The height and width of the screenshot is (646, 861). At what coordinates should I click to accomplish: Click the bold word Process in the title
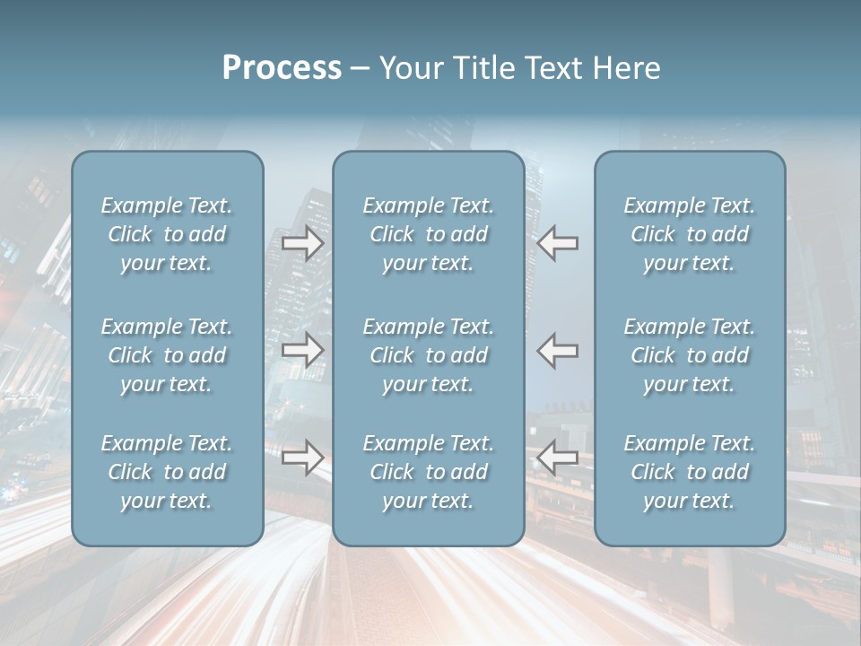coord(282,68)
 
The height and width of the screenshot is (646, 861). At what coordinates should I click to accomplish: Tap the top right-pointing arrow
coord(302,243)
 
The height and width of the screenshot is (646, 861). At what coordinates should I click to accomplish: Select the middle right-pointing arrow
coord(302,350)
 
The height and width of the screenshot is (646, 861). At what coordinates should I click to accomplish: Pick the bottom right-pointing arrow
coord(302,458)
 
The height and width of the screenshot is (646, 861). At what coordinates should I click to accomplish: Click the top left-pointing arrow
coord(557,243)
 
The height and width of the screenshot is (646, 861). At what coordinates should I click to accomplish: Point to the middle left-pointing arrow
coord(557,350)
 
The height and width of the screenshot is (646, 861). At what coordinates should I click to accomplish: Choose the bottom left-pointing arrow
coord(557,458)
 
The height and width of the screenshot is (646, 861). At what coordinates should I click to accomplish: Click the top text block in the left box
coord(167,234)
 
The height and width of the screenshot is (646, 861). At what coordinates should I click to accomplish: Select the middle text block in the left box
coord(167,355)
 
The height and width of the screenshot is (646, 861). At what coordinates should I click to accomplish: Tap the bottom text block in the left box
coord(167,472)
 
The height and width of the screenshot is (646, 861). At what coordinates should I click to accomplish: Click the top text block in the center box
coord(429,234)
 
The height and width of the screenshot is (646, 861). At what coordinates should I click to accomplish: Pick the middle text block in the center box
coord(429,355)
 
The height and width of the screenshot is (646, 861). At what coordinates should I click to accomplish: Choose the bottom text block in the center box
coord(429,472)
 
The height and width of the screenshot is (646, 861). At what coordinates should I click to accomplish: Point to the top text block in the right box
coord(690,234)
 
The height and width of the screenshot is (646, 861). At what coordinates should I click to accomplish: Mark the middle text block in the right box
coord(690,355)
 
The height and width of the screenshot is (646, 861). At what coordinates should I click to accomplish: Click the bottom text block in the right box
coord(690,472)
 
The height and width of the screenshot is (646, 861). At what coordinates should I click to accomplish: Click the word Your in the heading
coord(412,68)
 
